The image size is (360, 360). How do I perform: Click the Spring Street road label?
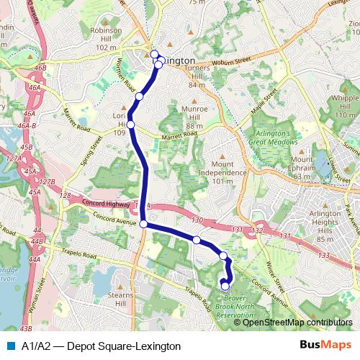[x=89, y=153]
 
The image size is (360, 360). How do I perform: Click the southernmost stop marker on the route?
[x=225, y=287]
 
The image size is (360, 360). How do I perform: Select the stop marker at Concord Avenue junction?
[x=144, y=225]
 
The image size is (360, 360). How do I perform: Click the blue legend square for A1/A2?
[x=9, y=346]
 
